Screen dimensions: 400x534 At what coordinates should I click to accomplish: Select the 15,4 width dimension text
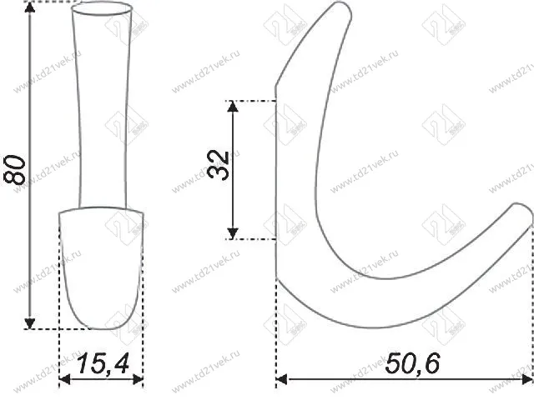tap(101, 364)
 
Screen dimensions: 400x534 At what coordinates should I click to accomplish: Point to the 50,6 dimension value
tap(412, 364)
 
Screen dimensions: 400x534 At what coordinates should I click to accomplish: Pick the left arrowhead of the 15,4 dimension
tap(65, 382)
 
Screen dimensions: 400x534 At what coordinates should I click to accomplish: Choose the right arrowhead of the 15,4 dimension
tap(139, 382)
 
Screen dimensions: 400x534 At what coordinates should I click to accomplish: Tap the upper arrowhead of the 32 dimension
tap(235, 107)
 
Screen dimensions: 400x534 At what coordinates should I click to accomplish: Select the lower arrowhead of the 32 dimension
tap(235, 232)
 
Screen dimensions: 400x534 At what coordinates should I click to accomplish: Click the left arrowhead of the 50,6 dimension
tap(282, 382)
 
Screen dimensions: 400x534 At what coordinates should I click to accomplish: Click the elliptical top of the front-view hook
tap(102, 10)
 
